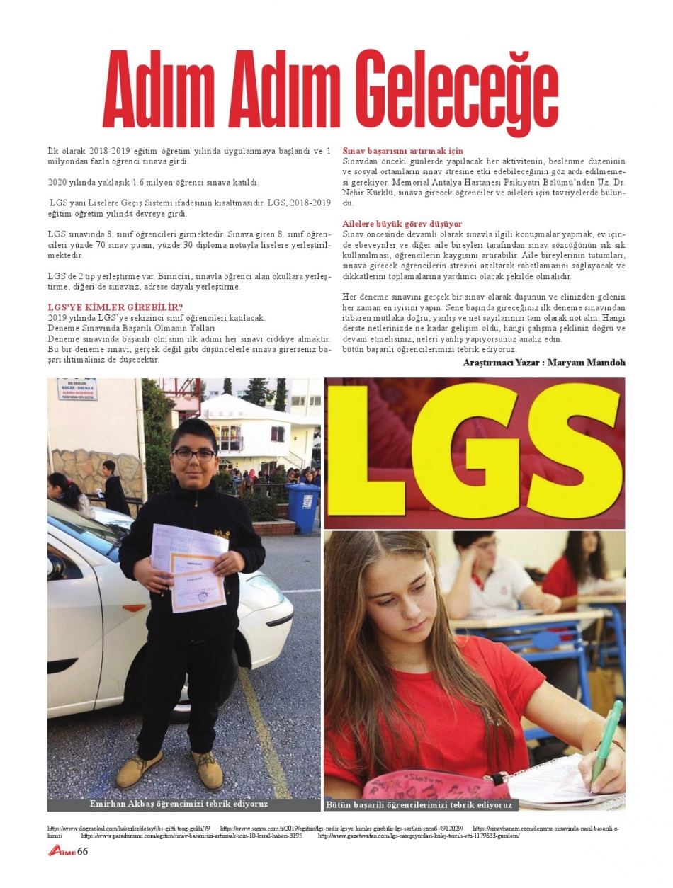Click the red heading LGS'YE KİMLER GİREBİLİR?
(115, 307)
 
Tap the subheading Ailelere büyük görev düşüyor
(402, 224)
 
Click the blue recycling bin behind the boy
(302, 507)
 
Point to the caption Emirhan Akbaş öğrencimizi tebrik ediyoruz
(179, 804)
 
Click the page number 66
(82, 851)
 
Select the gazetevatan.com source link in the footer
(419, 836)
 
